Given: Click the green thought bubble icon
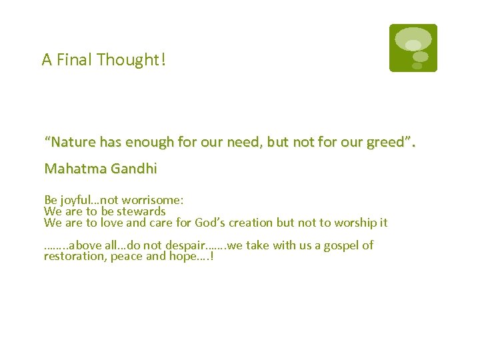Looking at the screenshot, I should click(413, 48).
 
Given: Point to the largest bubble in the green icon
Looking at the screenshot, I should click(413, 39).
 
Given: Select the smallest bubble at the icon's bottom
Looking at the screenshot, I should click(417, 66).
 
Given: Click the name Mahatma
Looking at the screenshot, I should click(70, 169).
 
